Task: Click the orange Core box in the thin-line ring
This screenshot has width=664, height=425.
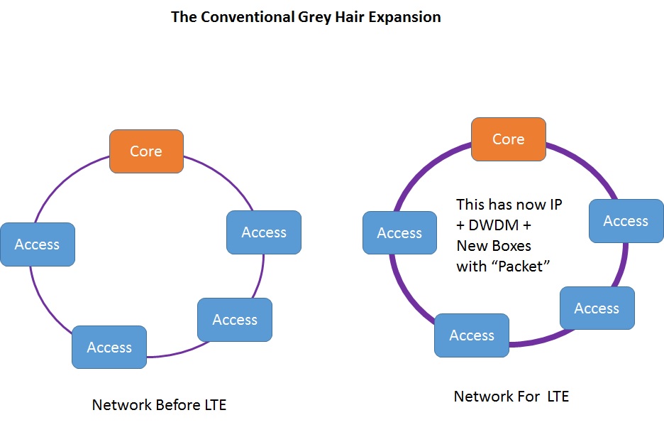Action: [146, 151]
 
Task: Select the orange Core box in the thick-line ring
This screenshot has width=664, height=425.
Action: [509, 139]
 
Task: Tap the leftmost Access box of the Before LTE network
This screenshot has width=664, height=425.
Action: [38, 244]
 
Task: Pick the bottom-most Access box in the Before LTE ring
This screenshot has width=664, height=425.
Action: [109, 347]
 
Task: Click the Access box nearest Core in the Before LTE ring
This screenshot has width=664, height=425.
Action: [264, 232]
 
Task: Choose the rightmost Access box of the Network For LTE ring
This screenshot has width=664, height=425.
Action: [626, 221]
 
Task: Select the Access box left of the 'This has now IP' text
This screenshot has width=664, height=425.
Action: [399, 233]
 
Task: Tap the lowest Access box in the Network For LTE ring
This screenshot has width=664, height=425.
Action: [472, 335]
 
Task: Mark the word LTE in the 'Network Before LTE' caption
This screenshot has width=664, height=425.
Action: [213, 405]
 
